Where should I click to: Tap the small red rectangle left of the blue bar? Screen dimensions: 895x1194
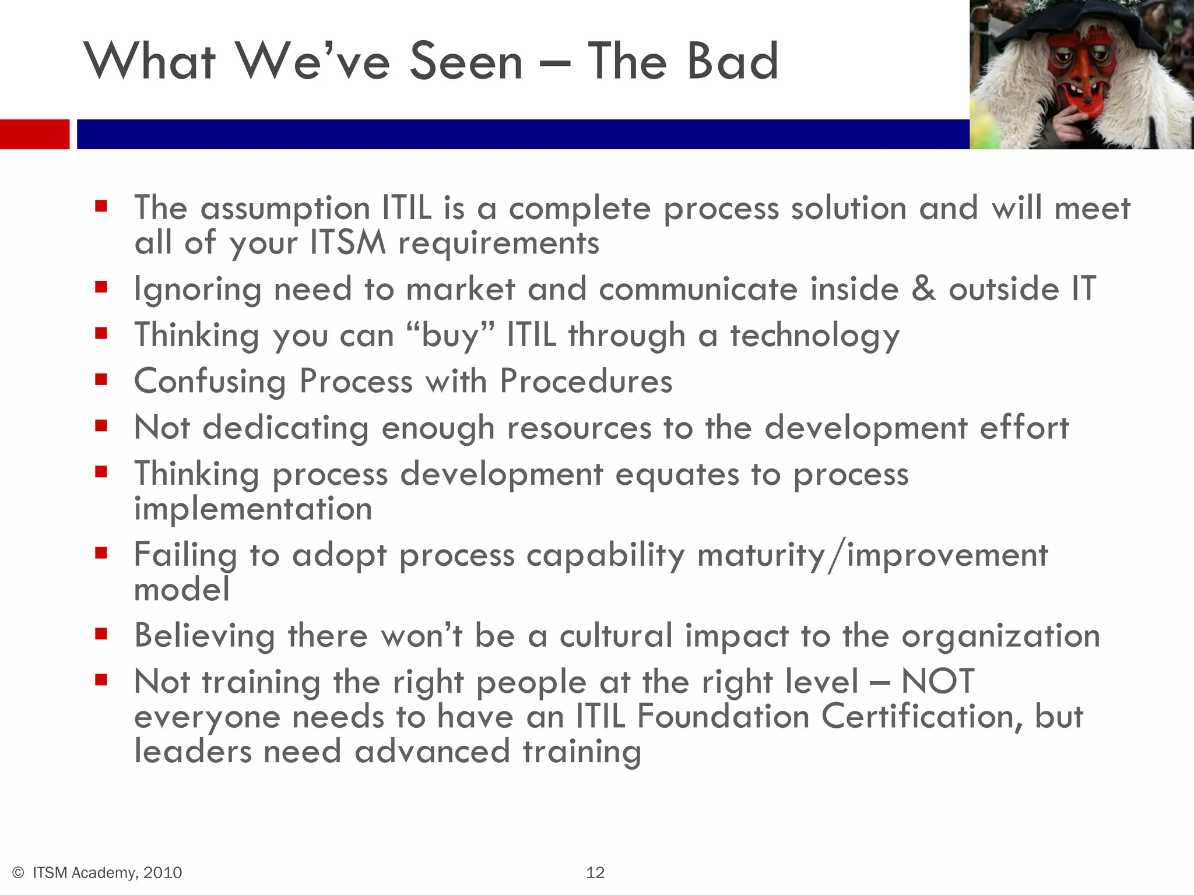click(x=34, y=134)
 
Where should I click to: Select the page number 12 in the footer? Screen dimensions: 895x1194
click(x=595, y=872)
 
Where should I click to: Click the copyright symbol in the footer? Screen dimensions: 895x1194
click(x=18, y=872)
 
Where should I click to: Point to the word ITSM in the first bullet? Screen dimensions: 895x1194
click(x=347, y=242)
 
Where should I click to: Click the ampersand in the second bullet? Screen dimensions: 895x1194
click(x=923, y=288)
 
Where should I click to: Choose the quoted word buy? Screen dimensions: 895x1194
click(x=450, y=335)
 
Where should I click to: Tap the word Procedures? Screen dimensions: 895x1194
click(x=586, y=381)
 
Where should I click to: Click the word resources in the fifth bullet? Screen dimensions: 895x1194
click(x=579, y=427)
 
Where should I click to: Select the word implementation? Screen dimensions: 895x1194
click(x=253, y=508)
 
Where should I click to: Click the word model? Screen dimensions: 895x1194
click(x=182, y=589)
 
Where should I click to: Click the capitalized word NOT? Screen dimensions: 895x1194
click(x=937, y=681)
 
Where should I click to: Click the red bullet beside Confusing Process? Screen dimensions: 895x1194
click(x=101, y=380)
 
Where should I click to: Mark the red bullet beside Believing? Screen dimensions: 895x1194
click(x=101, y=634)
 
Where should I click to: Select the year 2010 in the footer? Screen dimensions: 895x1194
click(x=163, y=872)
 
